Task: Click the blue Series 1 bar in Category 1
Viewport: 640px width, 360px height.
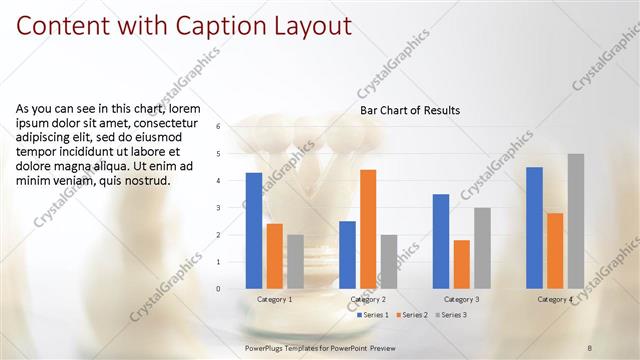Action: point(254,231)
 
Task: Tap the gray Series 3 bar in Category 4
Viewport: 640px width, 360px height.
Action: point(576,221)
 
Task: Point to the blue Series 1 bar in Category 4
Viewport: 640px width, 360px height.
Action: point(534,228)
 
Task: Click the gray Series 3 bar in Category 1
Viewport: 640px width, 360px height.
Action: point(296,262)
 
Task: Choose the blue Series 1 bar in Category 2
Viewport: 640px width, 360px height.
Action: point(347,255)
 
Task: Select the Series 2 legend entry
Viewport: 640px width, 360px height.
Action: point(414,315)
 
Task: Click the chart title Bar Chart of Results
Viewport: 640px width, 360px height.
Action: point(410,110)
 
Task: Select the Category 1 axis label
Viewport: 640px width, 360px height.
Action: point(275,299)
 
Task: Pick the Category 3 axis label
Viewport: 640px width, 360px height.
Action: point(461,299)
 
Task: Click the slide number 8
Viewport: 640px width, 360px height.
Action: point(590,346)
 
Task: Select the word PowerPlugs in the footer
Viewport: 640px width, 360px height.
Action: point(267,346)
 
